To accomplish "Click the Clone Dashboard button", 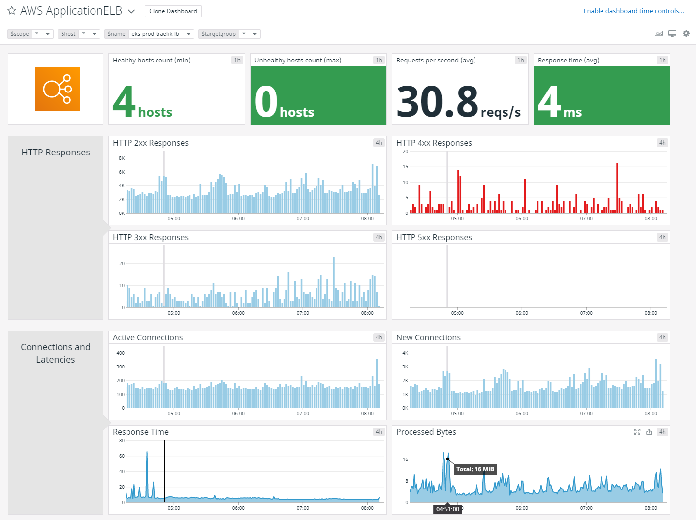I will pos(173,11).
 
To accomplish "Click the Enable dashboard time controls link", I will pos(633,11).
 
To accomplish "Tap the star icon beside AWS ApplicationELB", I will pos(12,11).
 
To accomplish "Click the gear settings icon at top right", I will pos(686,33).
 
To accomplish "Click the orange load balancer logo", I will pos(58,89).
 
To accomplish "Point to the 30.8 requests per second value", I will pos(437,101).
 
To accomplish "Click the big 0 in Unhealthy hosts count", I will pos(266,101).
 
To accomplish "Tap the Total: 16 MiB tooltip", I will pos(475,469).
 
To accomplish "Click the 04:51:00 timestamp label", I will pos(447,509).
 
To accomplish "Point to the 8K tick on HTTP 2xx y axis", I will pos(122,158).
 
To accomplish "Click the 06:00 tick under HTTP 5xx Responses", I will pos(522,313).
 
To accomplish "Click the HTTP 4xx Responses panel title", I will pos(434,143).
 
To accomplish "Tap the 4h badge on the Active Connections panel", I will pos(379,337).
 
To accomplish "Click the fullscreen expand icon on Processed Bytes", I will pos(637,432).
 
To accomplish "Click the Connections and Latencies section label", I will pos(56,353).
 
